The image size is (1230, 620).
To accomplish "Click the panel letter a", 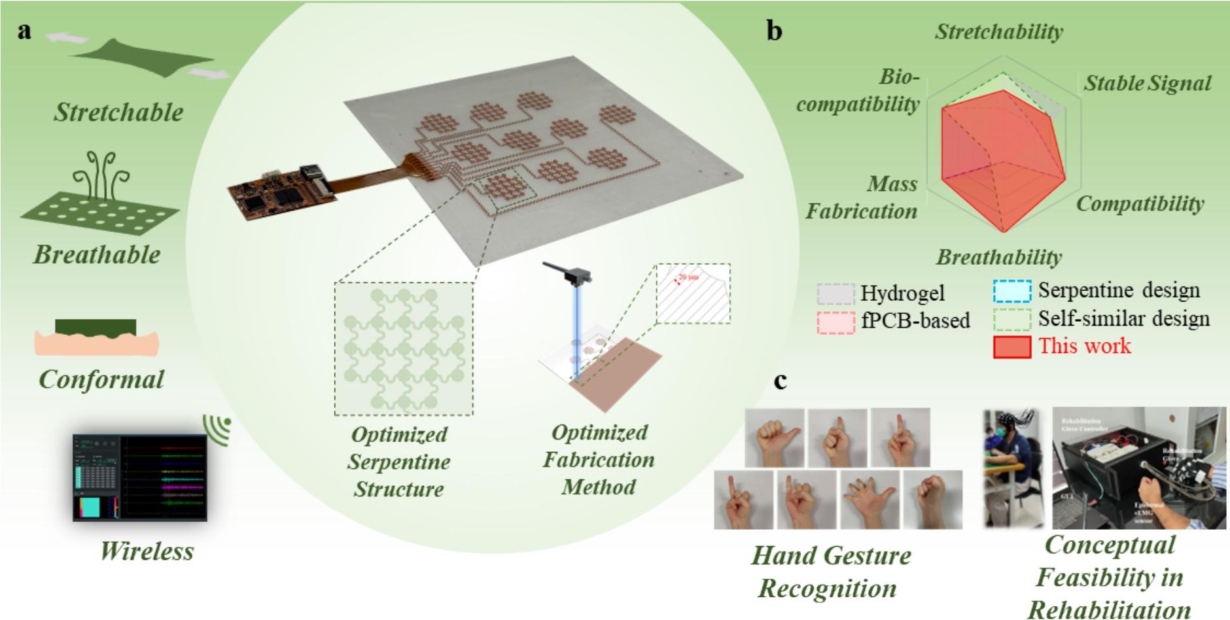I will click(x=25, y=31).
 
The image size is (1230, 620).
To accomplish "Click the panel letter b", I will click(x=774, y=31).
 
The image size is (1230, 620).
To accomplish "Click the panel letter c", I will click(x=780, y=380).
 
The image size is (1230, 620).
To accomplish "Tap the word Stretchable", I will click(x=118, y=112).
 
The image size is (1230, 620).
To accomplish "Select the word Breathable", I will click(x=97, y=254).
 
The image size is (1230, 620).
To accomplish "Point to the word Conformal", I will click(x=101, y=379).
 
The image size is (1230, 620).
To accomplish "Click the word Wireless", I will click(x=147, y=551).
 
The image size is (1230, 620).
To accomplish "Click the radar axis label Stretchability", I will click(x=998, y=31).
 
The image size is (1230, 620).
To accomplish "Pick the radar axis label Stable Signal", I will click(x=1148, y=83).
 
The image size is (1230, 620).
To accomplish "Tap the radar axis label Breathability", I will click(x=998, y=257).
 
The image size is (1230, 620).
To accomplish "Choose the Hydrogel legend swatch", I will click(x=835, y=294).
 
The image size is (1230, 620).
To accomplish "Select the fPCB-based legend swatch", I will click(x=835, y=322).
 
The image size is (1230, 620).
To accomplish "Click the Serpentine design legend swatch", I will click(x=1011, y=291).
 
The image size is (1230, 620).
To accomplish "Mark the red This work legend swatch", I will click(x=1011, y=347).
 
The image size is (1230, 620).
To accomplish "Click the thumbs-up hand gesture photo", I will click(x=775, y=438).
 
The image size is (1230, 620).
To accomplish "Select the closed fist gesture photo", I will click(x=932, y=500).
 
